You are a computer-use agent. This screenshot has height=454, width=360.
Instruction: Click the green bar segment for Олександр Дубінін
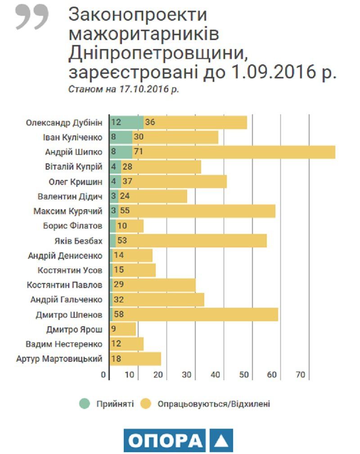(x=126, y=122)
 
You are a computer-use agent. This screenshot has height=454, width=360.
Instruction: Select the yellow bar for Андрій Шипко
(x=234, y=152)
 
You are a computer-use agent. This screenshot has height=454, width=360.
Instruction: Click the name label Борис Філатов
(x=76, y=226)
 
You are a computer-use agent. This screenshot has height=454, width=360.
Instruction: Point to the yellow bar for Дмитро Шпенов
(x=198, y=315)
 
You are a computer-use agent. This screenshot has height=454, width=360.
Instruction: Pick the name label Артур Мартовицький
(x=59, y=359)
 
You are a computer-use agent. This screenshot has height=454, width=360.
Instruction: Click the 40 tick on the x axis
(x=216, y=375)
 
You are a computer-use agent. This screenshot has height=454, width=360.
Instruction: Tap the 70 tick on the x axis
(x=301, y=375)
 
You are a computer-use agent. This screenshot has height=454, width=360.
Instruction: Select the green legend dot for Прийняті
(x=84, y=404)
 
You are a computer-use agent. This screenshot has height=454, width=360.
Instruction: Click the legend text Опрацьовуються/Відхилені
(x=214, y=404)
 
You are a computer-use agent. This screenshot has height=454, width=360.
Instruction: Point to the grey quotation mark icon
(x=32, y=17)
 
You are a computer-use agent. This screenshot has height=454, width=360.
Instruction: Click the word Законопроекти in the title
(x=138, y=15)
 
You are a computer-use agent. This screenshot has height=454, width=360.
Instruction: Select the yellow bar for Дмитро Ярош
(x=124, y=329)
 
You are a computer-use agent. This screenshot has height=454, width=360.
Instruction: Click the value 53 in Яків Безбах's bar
(x=122, y=241)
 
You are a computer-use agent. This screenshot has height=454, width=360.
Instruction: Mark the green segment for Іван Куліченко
(x=121, y=137)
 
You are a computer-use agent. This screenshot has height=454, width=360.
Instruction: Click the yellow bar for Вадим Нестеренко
(x=128, y=344)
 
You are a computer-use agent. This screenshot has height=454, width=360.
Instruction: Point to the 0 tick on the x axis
(x=103, y=375)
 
